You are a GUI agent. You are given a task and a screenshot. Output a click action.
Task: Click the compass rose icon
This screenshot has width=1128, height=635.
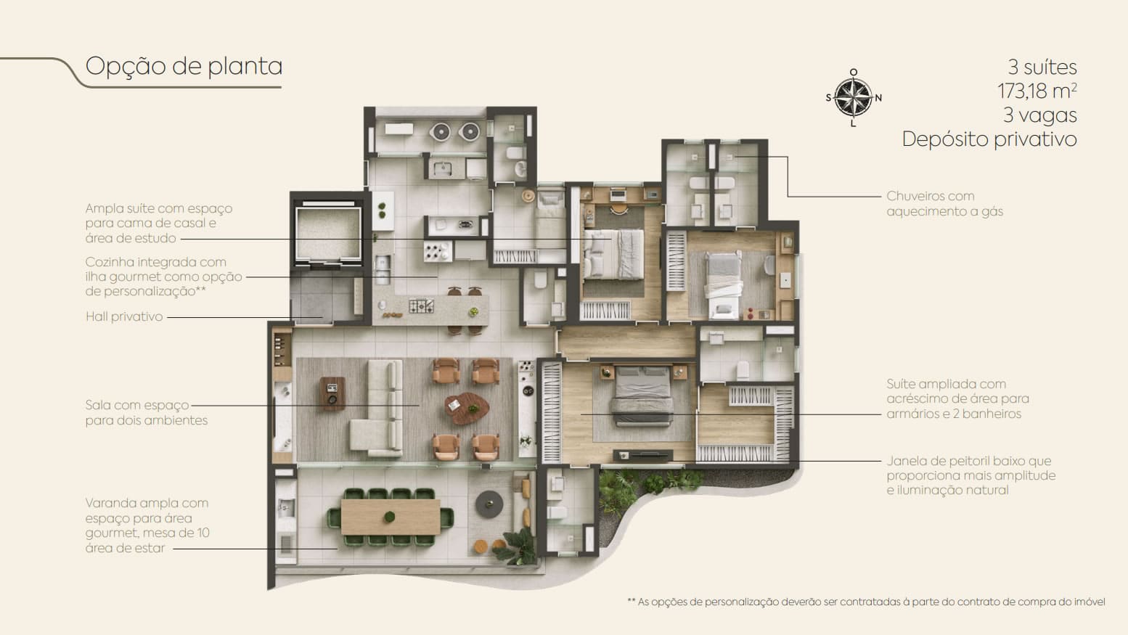coord(853,98)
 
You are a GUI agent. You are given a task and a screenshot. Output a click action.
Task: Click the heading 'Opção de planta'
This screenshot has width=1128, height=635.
coord(184,67)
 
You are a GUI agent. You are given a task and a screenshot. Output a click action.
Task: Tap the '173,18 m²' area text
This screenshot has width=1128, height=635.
coord(1037,91)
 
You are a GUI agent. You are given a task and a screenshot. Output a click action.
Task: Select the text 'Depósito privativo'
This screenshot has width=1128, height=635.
coord(989,139)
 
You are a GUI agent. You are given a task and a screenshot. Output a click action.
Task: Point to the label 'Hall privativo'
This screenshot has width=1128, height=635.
coord(124,316)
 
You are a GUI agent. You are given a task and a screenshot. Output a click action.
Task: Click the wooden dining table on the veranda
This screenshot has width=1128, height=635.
coord(391,517)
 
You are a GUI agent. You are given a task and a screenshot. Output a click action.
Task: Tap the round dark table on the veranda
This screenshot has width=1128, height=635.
coord(489,504)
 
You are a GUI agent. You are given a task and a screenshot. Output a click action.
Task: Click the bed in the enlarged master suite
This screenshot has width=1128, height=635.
coord(642,397)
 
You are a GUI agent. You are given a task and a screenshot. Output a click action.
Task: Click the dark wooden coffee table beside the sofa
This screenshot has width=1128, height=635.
coord(333,393)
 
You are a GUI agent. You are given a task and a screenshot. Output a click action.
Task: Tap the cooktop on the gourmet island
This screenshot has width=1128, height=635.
coord(421,306)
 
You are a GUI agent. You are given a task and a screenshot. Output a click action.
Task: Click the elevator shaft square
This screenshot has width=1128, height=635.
coord(328,233)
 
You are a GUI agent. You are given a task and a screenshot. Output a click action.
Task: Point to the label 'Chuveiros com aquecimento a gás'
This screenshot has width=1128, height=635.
coord(944,203)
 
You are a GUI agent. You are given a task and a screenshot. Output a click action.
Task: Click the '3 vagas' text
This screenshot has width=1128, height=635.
coord(1039,115)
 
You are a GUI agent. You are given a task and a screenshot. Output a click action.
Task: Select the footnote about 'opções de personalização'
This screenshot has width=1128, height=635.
coord(866,602)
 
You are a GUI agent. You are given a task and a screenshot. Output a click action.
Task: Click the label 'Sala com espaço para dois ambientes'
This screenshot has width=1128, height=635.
coord(147,412)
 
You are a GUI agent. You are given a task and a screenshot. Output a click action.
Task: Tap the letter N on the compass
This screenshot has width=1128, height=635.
coord(878,98)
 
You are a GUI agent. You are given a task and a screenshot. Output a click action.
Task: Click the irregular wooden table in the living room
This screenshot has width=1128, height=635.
coord(467,408)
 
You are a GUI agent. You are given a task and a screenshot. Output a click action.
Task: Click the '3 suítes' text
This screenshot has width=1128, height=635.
coord(1042,67)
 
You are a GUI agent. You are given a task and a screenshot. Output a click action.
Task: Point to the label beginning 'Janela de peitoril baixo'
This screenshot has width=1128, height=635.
coord(971,475)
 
